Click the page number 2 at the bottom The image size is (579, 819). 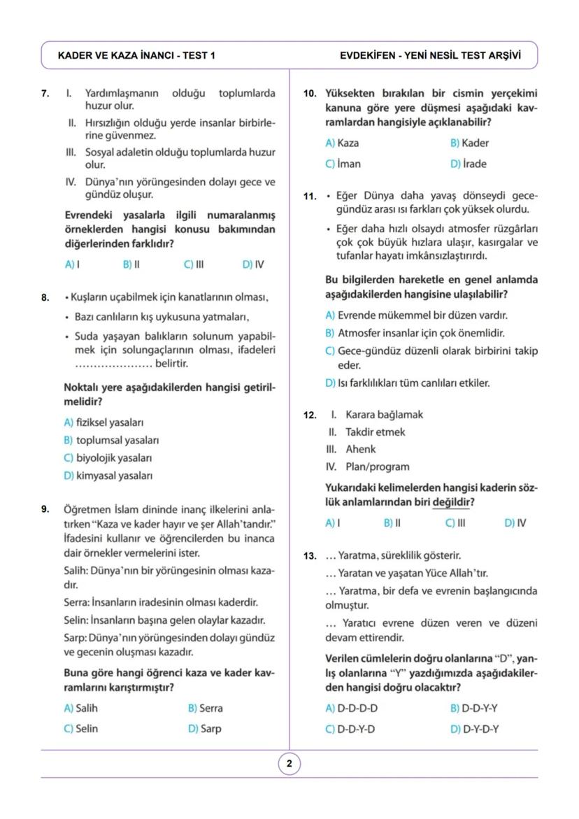pos(289,764)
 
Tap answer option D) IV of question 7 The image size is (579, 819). pos(253,264)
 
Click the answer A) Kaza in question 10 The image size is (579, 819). pos(342,143)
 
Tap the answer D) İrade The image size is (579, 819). pos(469,164)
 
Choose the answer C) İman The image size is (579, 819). pos(343,164)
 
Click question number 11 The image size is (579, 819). pos(310,197)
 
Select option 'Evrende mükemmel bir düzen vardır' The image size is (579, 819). pos(417,315)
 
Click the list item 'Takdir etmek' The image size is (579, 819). pos(375,432)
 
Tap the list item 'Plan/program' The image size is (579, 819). pos(378,467)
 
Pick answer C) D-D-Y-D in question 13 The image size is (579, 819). pos(350,728)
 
